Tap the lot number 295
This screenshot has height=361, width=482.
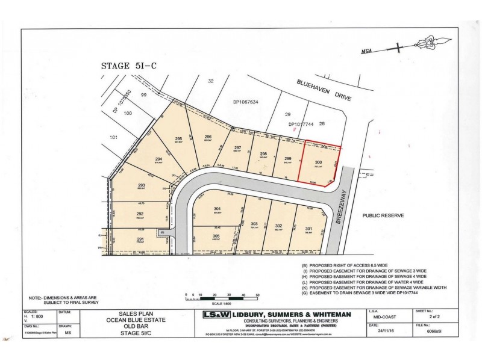click(x=179, y=139)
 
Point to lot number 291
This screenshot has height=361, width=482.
click(x=140, y=239)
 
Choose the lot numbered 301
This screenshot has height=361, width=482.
click(x=308, y=229)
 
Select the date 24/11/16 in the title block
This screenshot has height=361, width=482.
click(x=377, y=330)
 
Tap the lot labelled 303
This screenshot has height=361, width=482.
click(x=254, y=223)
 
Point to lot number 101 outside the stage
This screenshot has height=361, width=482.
click(x=113, y=137)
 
